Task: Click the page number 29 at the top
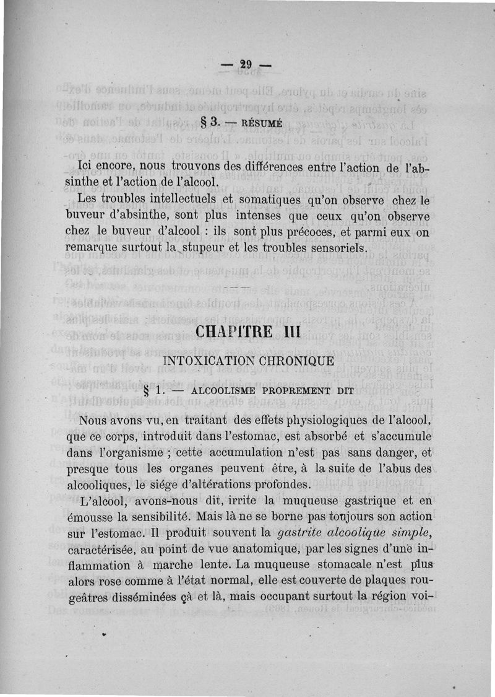[x=247, y=64]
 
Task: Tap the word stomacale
[x=348, y=564]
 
